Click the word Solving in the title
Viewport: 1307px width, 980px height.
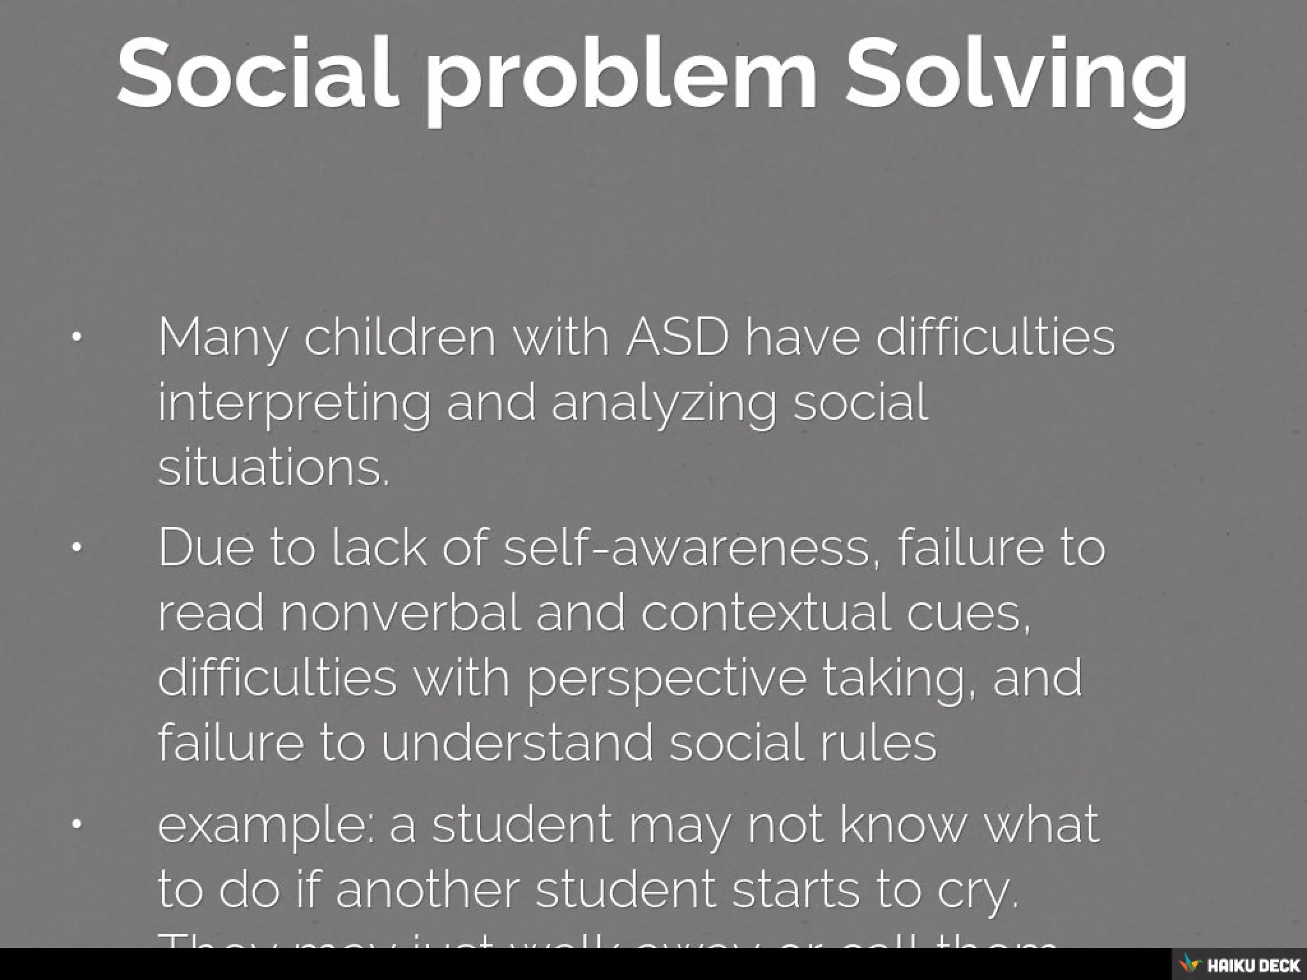pyautogui.click(x=1016, y=75)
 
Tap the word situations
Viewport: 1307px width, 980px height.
pyautogui.click(x=273, y=467)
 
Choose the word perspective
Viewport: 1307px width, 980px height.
pyautogui.click(x=666, y=679)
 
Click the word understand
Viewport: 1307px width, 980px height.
pyautogui.click(x=518, y=743)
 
